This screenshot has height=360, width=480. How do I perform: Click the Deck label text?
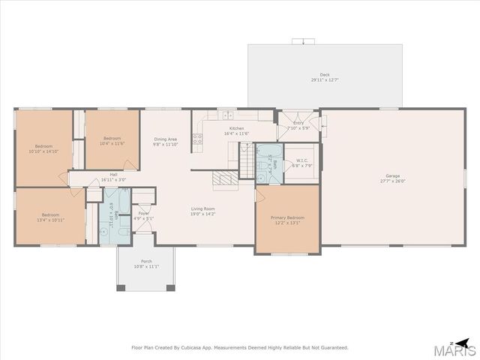[x=325, y=74]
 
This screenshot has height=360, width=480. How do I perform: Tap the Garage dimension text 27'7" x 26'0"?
[x=393, y=181]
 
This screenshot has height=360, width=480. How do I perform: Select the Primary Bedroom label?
[x=287, y=217]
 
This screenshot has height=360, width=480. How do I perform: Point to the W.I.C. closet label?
[x=302, y=160]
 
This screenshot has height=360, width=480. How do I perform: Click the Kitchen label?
[x=237, y=129]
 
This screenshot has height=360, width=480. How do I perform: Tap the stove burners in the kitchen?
[x=198, y=138]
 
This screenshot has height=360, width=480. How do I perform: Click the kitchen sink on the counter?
[x=226, y=115]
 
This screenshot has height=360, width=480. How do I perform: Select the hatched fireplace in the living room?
[x=225, y=179]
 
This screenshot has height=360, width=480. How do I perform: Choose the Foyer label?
[x=142, y=214]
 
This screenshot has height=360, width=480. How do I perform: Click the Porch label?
[x=145, y=262]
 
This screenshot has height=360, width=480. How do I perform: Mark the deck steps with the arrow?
[x=303, y=40]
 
